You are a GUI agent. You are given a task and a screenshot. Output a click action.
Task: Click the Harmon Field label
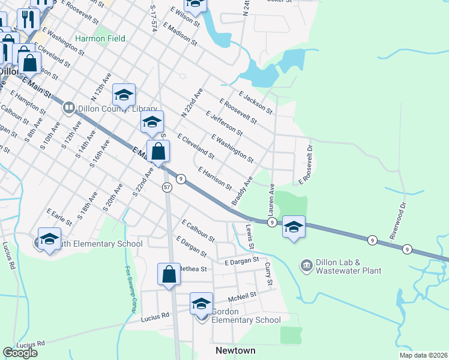pyautogui.click(x=100, y=38)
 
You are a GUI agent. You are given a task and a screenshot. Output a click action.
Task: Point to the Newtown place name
pyautogui.click(x=235, y=350)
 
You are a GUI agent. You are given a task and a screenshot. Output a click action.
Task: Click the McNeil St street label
pyautogui.click(x=243, y=295)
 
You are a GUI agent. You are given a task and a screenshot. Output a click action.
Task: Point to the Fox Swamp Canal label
pyautogui.click(x=130, y=290)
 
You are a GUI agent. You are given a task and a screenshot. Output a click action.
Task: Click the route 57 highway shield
pyautogui.click(x=167, y=188)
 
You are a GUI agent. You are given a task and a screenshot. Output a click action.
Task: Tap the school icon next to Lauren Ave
pyautogui.click(x=294, y=227)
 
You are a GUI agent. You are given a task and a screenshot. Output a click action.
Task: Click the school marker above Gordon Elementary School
pyautogui.click(x=202, y=303)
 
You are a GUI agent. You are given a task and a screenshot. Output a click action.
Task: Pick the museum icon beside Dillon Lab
pyautogui.click(x=306, y=265)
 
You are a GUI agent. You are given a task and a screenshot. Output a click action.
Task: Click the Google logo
pyautogui.click(x=20, y=353)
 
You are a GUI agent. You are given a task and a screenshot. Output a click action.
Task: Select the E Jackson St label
pyautogui.click(x=255, y=103)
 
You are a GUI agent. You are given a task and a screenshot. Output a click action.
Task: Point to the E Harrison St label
pyautogui.click(x=215, y=178)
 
